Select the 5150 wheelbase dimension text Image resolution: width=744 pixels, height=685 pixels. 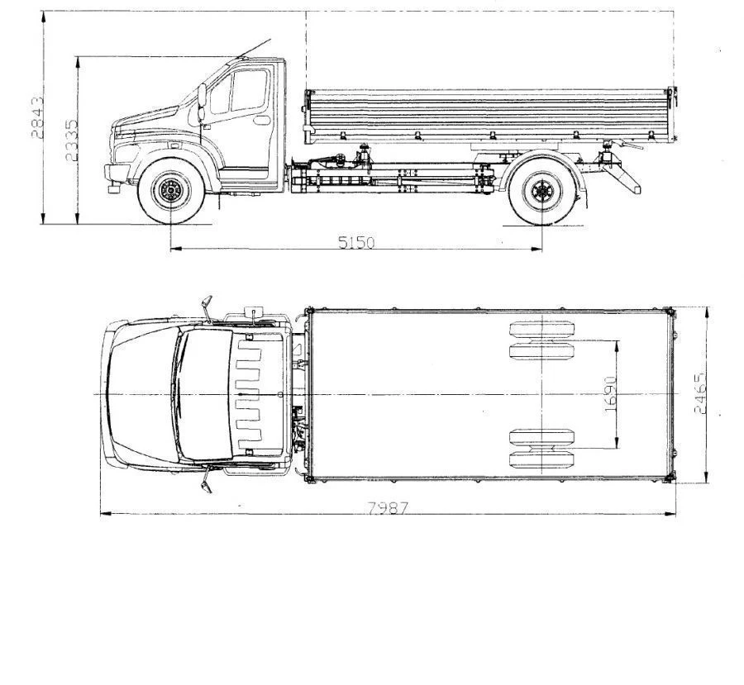point(356,242)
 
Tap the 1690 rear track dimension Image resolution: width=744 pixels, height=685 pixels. point(610,395)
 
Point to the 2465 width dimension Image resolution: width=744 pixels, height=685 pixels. point(700,393)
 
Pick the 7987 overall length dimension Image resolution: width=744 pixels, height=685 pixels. point(388,508)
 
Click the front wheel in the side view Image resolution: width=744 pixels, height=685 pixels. point(171,193)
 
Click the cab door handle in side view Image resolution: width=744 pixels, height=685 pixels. point(261,121)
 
